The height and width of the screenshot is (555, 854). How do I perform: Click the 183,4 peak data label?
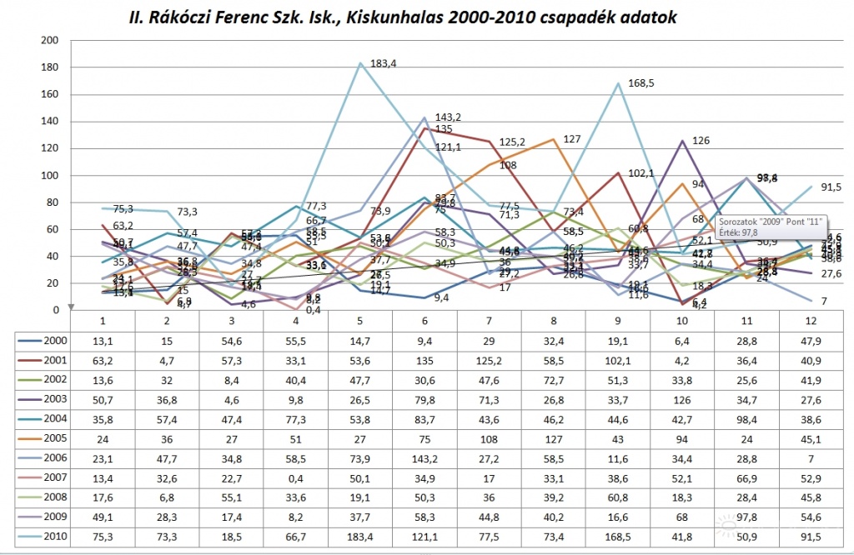point(384,63)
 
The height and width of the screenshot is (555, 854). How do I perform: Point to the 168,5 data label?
point(642,83)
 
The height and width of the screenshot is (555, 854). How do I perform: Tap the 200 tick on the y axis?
point(49,40)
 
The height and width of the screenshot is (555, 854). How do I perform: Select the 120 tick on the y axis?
point(49,148)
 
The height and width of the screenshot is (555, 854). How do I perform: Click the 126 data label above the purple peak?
point(701,141)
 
